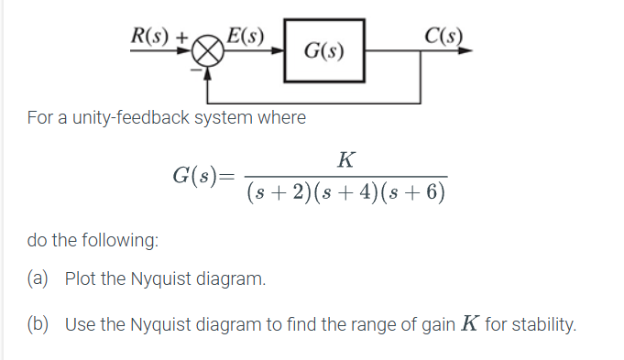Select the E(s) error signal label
[246, 38]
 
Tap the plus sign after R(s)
[182, 38]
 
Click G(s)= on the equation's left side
[203, 175]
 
